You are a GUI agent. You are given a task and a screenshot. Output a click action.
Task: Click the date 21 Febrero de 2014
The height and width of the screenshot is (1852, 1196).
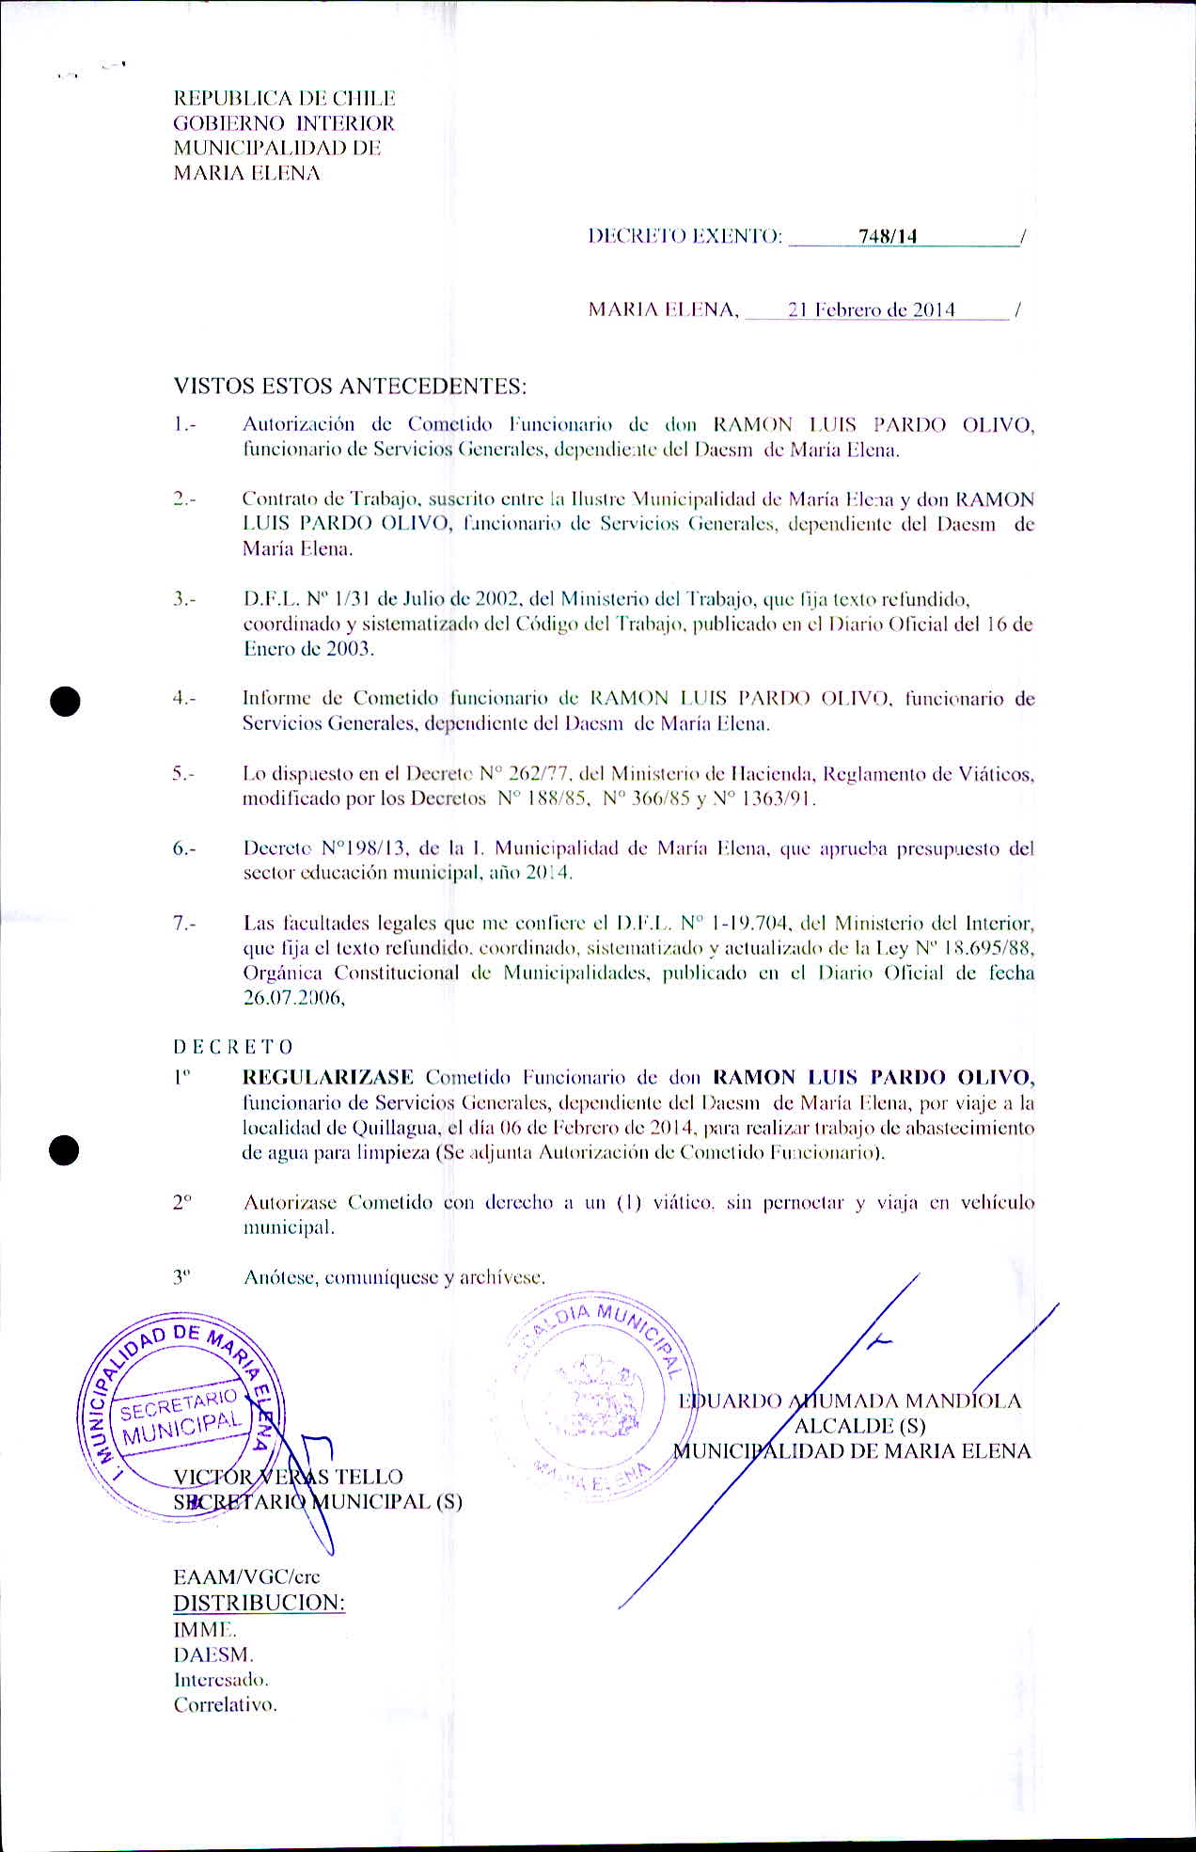pyautogui.click(x=872, y=309)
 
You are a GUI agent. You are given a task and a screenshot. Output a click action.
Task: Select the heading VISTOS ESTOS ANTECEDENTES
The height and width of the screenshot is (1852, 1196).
pyautogui.click(x=350, y=386)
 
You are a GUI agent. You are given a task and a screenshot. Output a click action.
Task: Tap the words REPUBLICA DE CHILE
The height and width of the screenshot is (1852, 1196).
pyautogui.click(x=284, y=99)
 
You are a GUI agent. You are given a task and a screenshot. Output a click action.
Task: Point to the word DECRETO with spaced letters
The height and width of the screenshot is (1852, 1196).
pyautogui.click(x=233, y=1047)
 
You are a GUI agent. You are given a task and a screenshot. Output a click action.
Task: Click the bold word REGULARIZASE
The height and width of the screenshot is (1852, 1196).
pyautogui.click(x=328, y=1077)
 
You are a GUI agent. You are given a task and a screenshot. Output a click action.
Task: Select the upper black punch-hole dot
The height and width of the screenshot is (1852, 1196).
pyautogui.click(x=65, y=702)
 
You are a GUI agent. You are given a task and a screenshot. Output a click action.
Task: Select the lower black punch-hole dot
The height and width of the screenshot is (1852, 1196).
pyautogui.click(x=65, y=1149)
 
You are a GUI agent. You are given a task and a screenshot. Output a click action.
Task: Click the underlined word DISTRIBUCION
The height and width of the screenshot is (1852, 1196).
pyautogui.click(x=259, y=1602)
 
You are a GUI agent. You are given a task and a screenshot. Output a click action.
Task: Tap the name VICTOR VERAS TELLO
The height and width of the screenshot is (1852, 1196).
pyautogui.click(x=288, y=1477)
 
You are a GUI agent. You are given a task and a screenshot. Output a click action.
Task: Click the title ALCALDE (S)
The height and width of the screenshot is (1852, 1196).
pyautogui.click(x=859, y=1426)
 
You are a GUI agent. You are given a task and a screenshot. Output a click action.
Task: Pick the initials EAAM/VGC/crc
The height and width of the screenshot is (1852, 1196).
pyautogui.click(x=246, y=1576)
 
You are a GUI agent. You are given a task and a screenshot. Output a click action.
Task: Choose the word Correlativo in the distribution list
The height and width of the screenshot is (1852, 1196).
pyautogui.click(x=225, y=1704)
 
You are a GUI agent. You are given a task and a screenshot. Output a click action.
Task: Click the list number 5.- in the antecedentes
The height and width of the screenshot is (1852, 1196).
pyautogui.click(x=184, y=774)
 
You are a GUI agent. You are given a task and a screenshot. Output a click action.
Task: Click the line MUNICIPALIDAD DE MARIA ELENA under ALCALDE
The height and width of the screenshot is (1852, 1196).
pyautogui.click(x=852, y=1451)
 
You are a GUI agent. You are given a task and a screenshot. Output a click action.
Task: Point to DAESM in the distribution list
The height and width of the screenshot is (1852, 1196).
pyautogui.click(x=212, y=1654)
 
